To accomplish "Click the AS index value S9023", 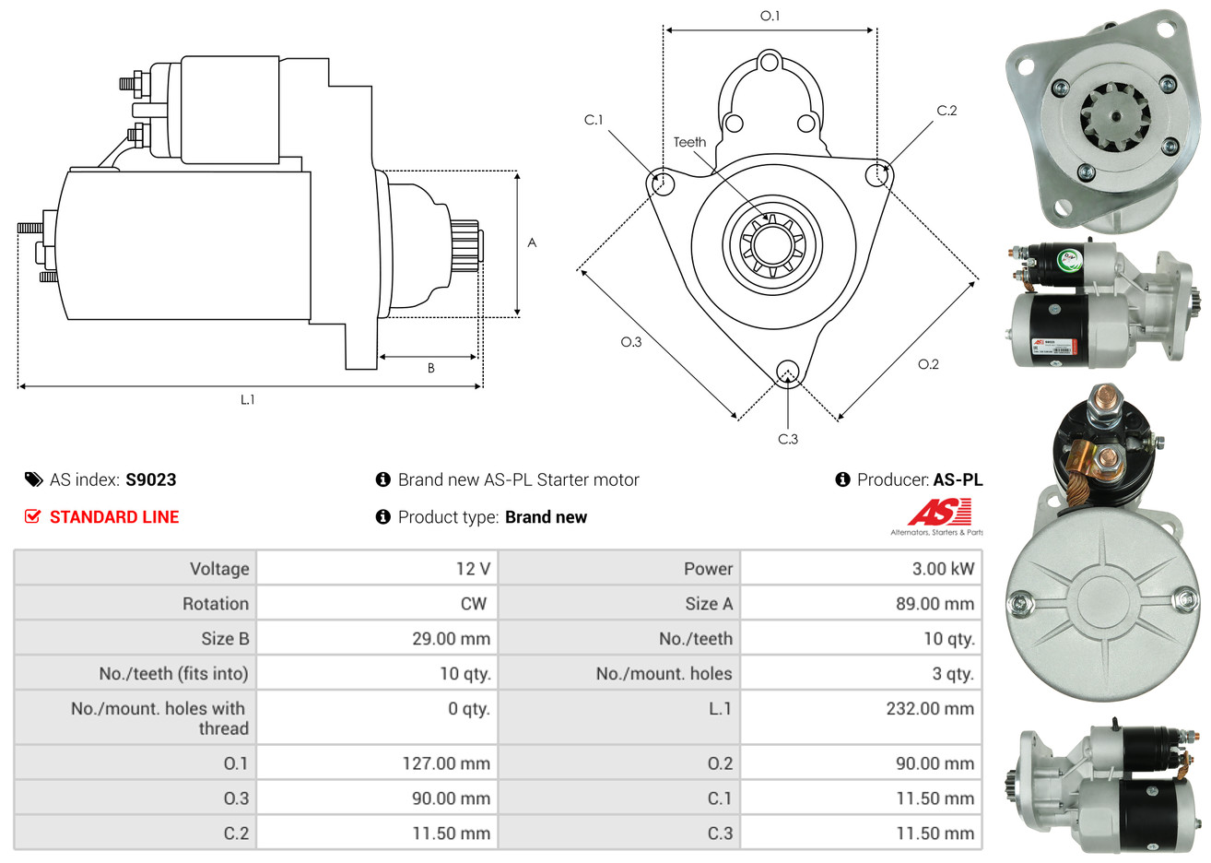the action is pyautogui.click(x=151, y=479).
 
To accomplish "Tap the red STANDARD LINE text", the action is pyautogui.click(x=114, y=517).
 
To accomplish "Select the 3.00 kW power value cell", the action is pyautogui.click(x=943, y=568).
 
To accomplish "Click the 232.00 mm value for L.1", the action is pyautogui.click(x=930, y=708).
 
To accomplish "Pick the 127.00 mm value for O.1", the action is pyautogui.click(x=446, y=763).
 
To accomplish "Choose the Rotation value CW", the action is pyautogui.click(x=474, y=603).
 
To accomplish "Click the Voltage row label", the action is pyautogui.click(x=219, y=568).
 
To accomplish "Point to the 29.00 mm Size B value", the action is pyautogui.click(x=451, y=639).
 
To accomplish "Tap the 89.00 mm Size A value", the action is pyautogui.click(x=935, y=603).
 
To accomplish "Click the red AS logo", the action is pyautogui.click(x=939, y=512).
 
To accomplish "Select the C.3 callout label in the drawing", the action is pyautogui.click(x=788, y=439).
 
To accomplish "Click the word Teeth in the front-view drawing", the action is pyautogui.click(x=689, y=142).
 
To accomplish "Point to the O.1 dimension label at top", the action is pyautogui.click(x=770, y=17).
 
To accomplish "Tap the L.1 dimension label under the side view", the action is pyautogui.click(x=248, y=399).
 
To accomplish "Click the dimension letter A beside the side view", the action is pyautogui.click(x=532, y=242).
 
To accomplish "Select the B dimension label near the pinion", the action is pyautogui.click(x=431, y=368).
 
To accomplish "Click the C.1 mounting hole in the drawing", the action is pyautogui.click(x=661, y=183).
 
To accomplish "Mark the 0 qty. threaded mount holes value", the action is pyautogui.click(x=469, y=708).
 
